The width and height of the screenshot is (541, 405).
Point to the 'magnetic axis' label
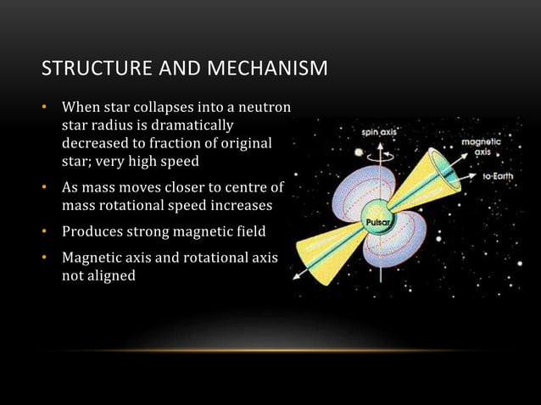pyautogui.click(x=479, y=148)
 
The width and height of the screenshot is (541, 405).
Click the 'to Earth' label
pyautogui.click(x=499, y=176)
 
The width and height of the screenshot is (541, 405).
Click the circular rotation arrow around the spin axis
pyautogui.click(x=378, y=155)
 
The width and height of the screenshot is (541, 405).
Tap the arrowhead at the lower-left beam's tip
pyautogui.click(x=296, y=275)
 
